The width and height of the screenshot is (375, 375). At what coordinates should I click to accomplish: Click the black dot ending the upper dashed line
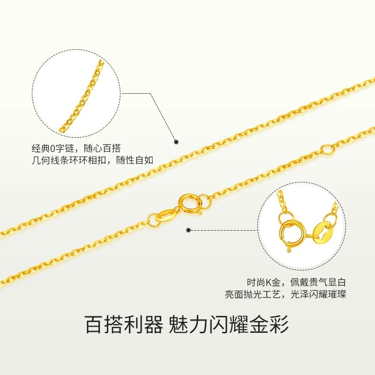pyautogui.click(x=177, y=141)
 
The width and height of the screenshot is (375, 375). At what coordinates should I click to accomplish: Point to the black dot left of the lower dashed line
pyautogui.click(x=189, y=230)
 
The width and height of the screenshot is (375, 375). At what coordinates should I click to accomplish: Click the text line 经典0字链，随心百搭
pyautogui.click(x=79, y=148)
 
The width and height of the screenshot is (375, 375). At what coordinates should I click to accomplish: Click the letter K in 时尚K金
pyautogui.click(x=269, y=283)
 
